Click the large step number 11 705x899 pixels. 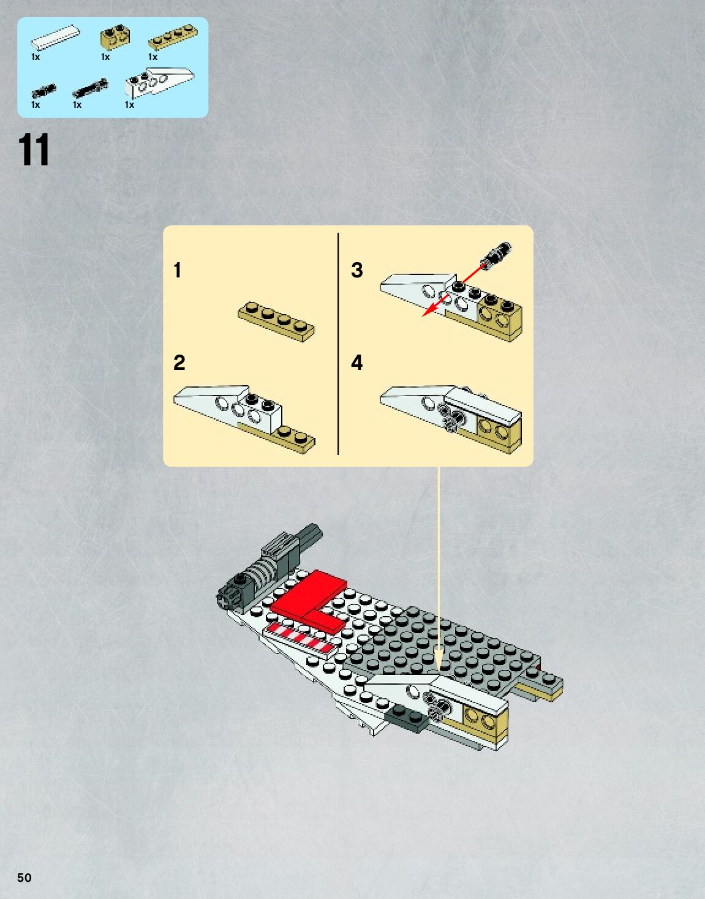point(34,150)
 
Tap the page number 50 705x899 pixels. point(24,878)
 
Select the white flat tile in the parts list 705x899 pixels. point(56,38)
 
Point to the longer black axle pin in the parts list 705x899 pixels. point(90,89)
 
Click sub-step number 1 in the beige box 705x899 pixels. point(177,270)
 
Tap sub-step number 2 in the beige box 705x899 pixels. point(179,363)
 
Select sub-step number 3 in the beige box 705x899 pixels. point(356,270)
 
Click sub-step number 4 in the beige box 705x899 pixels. point(356,363)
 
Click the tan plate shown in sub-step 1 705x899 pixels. point(276,320)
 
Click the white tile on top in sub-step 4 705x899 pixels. point(484,403)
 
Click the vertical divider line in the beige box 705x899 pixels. point(338,343)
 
